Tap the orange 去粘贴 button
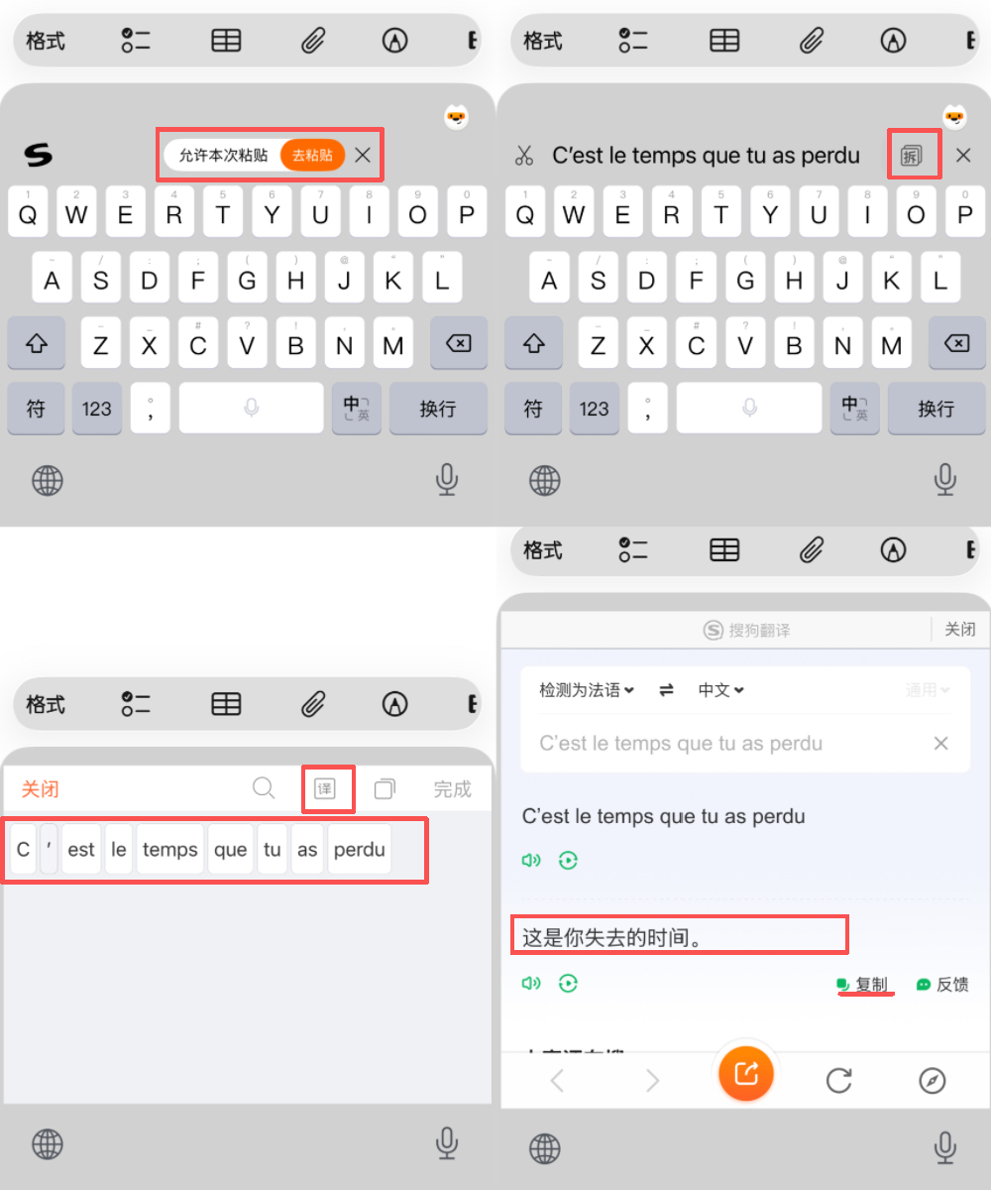pos(312,156)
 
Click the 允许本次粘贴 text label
pos(223,156)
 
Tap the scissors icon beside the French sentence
pos(524,156)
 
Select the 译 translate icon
pos(324,789)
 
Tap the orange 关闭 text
pos(41,789)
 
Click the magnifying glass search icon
pos(264,788)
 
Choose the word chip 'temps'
pos(169,850)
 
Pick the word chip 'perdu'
pos(359,850)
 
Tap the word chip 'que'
pos(230,850)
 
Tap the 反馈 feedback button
pos(942,985)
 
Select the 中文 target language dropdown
pos(720,690)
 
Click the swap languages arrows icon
pos(667,690)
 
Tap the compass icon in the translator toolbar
pos(932,1080)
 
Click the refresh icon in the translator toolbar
pos(838,1080)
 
